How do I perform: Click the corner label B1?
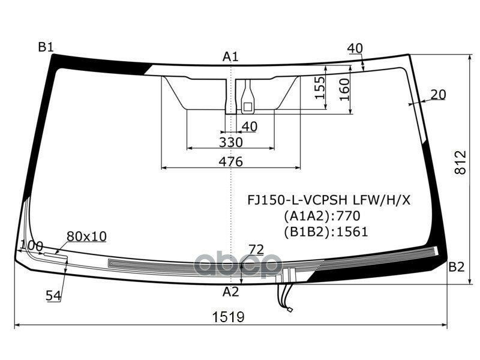point(46,47)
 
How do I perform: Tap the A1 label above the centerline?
point(230,57)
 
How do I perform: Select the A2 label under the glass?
point(230,292)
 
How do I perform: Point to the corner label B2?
point(457,268)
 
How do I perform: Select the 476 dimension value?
point(230,161)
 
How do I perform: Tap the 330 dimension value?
point(230,142)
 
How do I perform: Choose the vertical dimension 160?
point(344,89)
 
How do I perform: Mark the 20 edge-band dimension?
point(438,94)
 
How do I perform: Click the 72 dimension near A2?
point(256,249)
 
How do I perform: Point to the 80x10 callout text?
point(86,236)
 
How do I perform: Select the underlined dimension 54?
point(53,295)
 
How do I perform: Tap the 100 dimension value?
point(32,245)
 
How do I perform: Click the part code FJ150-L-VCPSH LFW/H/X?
point(329,200)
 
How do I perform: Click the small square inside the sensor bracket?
point(247,106)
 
